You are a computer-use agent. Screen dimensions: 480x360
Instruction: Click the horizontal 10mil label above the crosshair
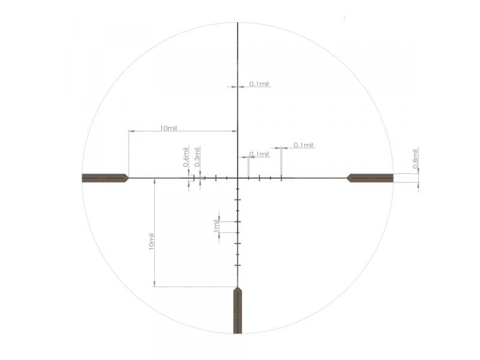click(x=169, y=128)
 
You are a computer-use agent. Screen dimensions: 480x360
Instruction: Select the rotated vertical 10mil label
click(x=151, y=241)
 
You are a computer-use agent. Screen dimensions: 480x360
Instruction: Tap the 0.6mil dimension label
click(x=186, y=157)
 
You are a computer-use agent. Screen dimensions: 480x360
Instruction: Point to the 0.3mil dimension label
click(x=197, y=157)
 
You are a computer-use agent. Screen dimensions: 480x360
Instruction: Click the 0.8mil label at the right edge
click(x=415, y=158)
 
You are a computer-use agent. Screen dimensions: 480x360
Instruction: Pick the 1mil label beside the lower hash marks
click(x=216, y=226)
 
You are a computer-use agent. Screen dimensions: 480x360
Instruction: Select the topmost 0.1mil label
click(x=259, y=84)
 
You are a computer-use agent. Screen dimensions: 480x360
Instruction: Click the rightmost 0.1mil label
click(x=304, y=145)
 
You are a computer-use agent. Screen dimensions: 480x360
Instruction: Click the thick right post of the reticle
click(x=370, y=178)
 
